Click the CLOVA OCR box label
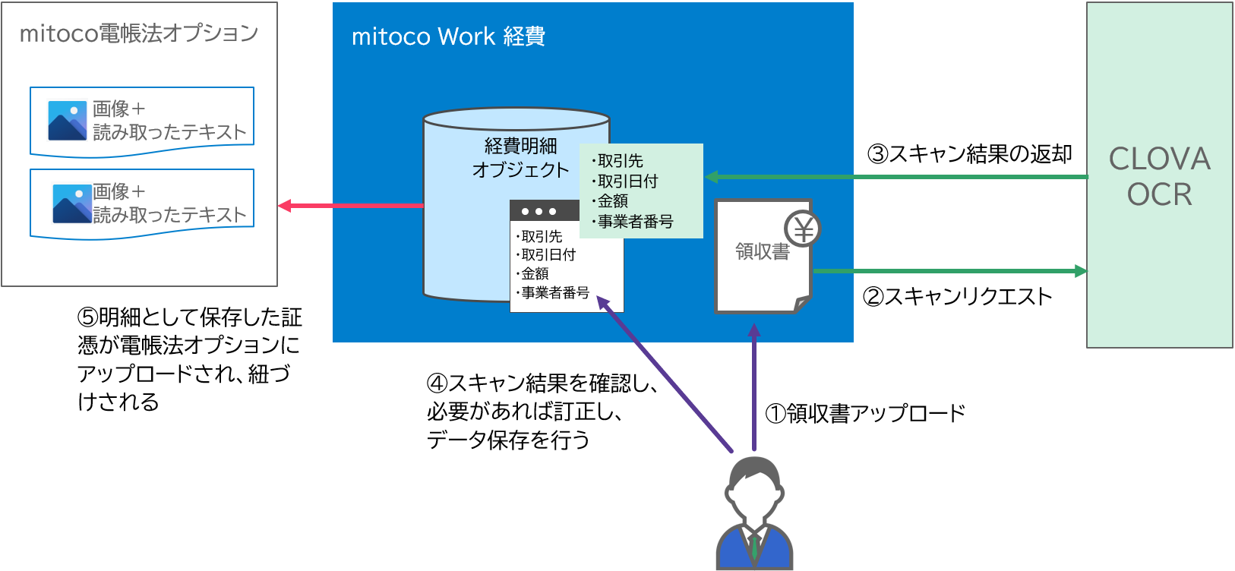1159,176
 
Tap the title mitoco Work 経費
448,36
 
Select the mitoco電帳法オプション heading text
139,33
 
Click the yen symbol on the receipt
803,228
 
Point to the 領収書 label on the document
762,251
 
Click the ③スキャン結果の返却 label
970,154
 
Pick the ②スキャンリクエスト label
957,296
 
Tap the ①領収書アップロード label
865,413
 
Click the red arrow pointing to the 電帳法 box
349,205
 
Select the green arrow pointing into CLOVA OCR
949,270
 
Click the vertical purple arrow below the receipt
754,387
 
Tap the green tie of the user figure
755,548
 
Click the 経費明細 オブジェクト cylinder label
520,157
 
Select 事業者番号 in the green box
635,222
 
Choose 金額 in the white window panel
535,273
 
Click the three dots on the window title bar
539,211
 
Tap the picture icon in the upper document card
68,121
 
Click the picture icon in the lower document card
72,203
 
